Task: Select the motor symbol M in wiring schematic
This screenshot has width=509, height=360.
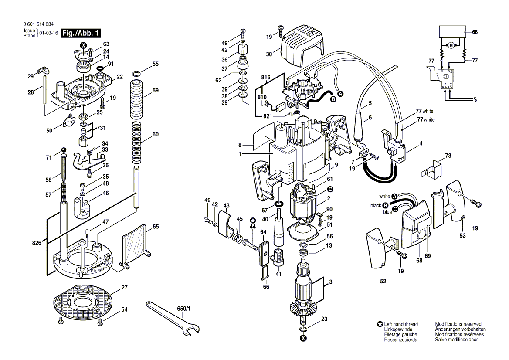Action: coord(451,45)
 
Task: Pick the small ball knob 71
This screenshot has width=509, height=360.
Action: coord(64,150)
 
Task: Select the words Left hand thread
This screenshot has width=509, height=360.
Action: coord(400,324)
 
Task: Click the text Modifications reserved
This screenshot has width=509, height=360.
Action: coord(458,324)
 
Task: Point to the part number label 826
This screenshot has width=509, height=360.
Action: coord(37,243)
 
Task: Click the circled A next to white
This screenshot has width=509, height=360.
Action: coord(394,197)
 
